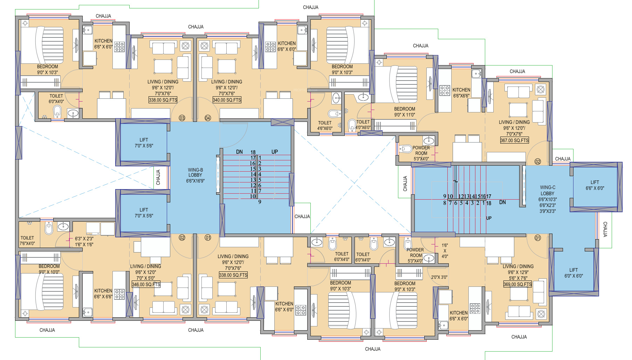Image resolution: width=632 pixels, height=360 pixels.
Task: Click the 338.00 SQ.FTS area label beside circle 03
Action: tap(163, 100)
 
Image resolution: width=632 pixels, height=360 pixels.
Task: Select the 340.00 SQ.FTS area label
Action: tap(227, 100)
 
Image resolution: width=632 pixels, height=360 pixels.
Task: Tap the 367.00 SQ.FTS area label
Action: tap(515, 140)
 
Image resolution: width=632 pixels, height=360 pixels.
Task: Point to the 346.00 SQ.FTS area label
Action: tap(146, 284)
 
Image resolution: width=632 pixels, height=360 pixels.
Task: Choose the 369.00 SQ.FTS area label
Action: tap(517, 284)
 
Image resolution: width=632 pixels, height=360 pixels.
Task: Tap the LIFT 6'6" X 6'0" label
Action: tap(595, 185)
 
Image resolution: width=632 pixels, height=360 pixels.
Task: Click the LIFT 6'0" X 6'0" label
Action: tap(573, 273)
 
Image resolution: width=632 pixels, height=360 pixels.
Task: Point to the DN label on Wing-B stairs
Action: tap(239, 152)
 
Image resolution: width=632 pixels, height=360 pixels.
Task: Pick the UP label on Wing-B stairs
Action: tap(275, 152)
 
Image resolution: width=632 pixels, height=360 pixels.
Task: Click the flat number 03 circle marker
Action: tap(182, 118)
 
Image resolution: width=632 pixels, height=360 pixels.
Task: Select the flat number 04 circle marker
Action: tap(208, 118)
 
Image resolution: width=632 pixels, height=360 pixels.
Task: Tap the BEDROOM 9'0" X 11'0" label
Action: tap(405, 112)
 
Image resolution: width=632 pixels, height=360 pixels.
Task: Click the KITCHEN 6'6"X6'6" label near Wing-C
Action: tap(461, 92)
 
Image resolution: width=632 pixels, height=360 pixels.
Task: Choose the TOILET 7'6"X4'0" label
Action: tap(27, 241)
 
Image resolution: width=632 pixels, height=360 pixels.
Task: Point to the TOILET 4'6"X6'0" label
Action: tap(325, 125)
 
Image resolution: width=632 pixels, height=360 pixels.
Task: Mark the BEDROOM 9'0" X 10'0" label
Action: tap(49, 269)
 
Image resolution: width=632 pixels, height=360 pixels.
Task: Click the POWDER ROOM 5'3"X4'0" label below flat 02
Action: tap(421, 153)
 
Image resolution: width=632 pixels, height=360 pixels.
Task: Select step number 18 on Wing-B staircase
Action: tap(253, 152)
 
